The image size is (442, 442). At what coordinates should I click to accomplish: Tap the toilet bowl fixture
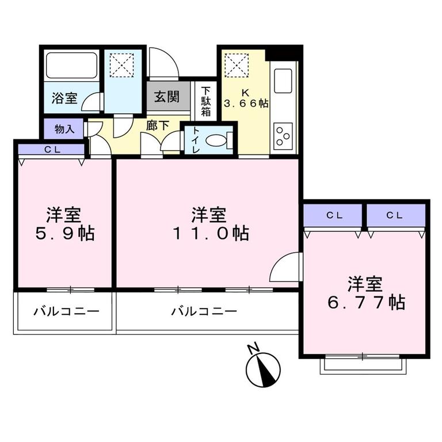217,140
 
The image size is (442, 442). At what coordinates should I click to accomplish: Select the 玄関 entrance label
167,96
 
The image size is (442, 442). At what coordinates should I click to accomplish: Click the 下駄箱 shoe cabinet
205,102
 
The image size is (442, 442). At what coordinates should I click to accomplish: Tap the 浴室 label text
64,98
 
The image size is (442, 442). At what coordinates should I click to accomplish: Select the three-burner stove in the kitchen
283,136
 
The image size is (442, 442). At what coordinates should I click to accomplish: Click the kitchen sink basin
284,81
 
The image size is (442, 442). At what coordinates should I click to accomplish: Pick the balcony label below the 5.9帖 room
66,312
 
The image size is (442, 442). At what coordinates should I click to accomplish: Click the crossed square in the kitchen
237,64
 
